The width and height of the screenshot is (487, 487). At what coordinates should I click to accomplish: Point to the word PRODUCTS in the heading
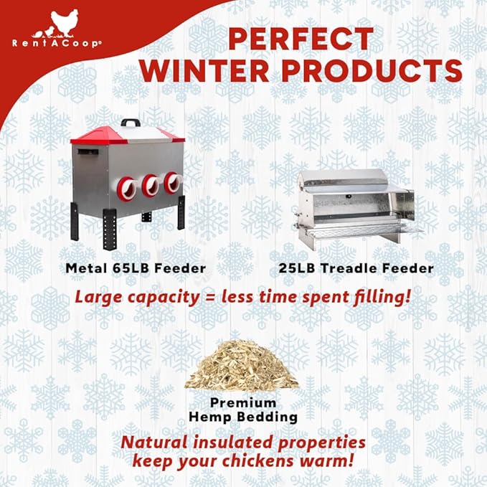[x=379, y=72]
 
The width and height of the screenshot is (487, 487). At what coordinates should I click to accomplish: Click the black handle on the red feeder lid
[x=130, y=123]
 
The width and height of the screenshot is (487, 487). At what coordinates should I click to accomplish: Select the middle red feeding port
[x=151, y=186]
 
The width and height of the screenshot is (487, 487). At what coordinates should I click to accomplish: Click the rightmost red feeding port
[x=171, y=183]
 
